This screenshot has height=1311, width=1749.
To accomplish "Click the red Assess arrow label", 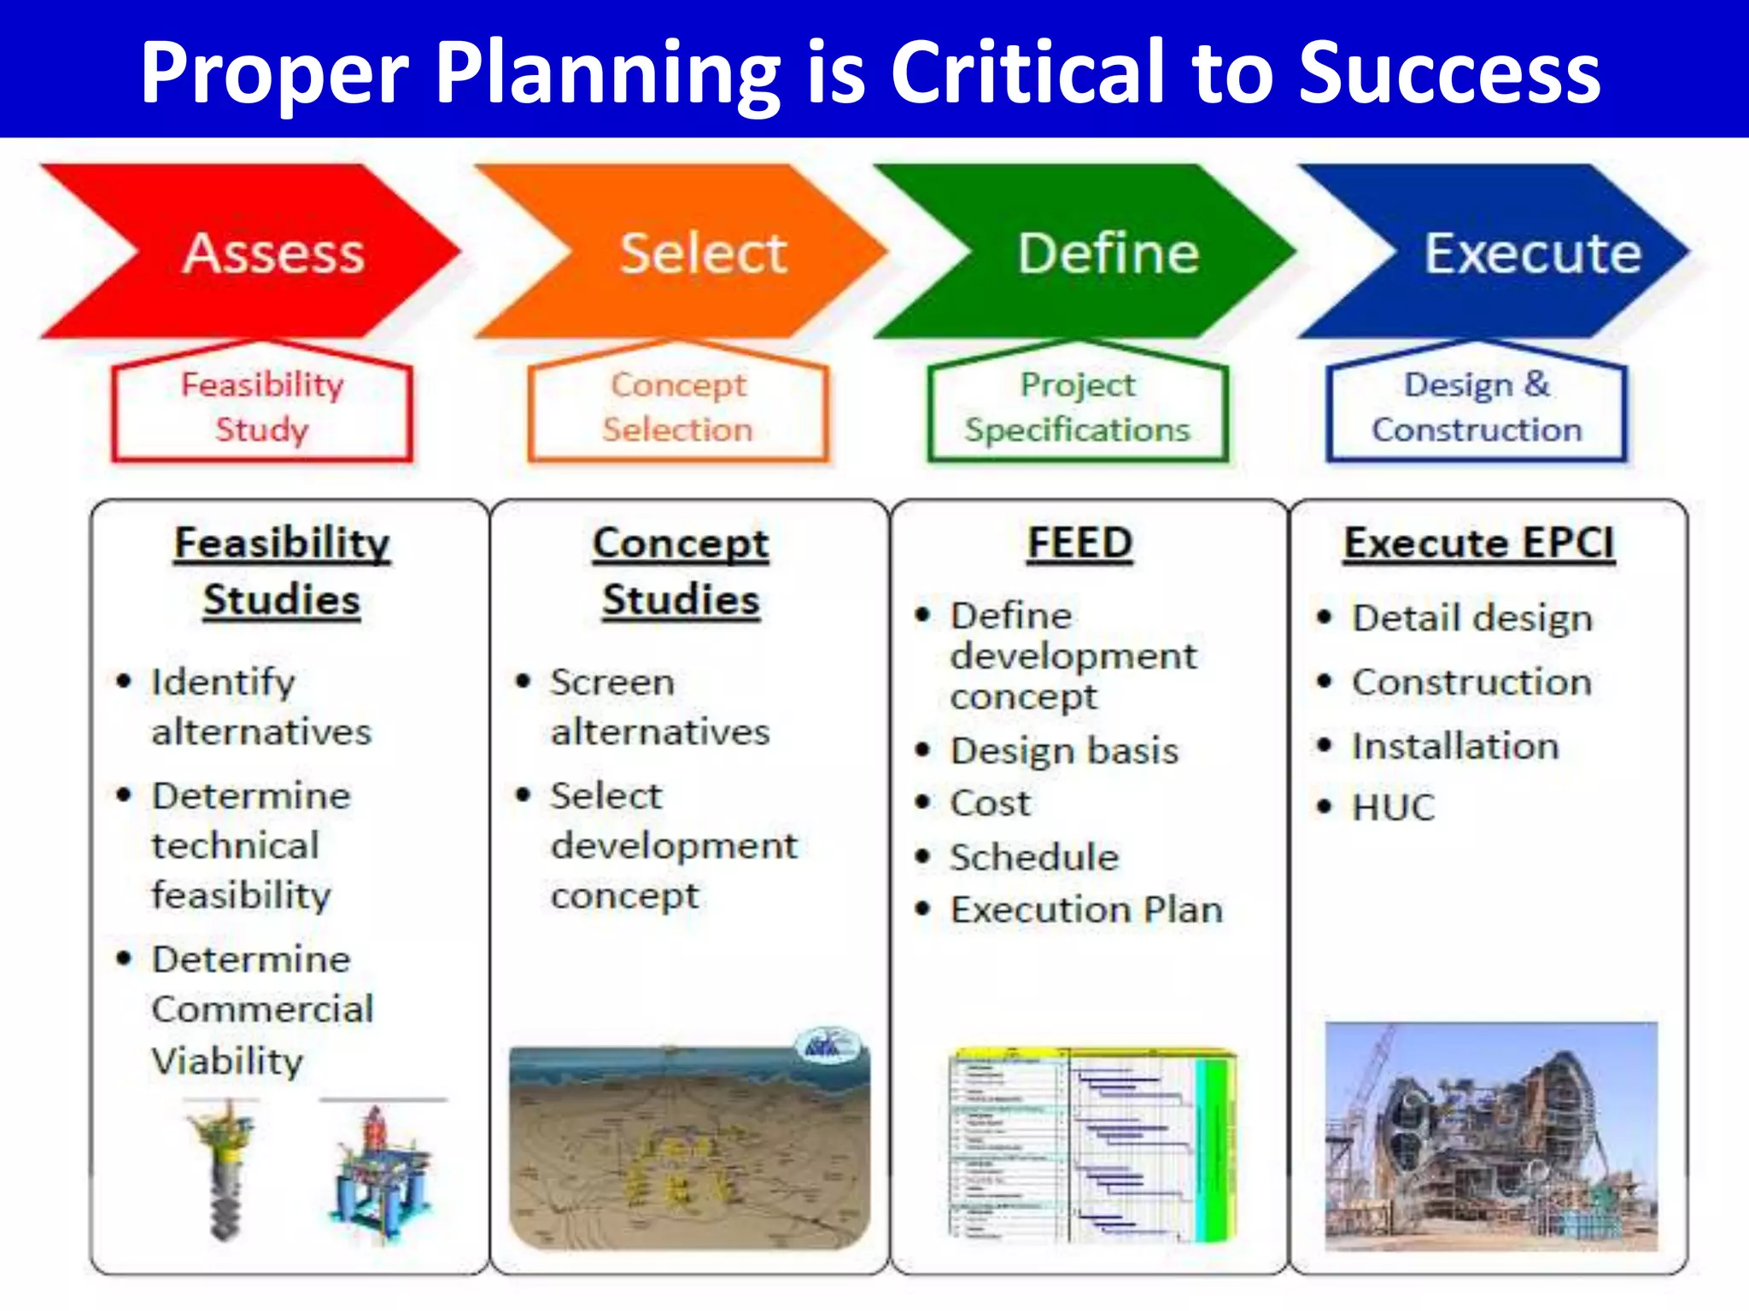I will [273, 253].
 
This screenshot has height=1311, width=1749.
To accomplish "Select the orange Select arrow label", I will [702, 253].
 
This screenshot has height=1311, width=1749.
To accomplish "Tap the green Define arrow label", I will [1108, 253].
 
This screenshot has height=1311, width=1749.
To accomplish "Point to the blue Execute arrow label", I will [1532, 253].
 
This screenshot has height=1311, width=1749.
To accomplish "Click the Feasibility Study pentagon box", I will [262, 407].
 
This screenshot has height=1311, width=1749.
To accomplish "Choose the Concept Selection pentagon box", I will [678, 407].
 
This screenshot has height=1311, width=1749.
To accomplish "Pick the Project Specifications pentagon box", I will [1077, 407].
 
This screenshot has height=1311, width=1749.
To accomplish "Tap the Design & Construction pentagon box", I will [1477, 407].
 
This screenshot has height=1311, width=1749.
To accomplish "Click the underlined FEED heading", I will [1079, 543].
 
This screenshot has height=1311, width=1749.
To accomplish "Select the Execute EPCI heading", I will [1479, 543].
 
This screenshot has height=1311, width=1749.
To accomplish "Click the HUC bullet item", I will [1393, 807].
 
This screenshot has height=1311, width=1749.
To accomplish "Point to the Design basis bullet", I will [1064, 750].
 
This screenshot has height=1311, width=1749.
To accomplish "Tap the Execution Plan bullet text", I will [1086, 910].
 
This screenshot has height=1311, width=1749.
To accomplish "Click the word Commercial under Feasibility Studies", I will [263, 1009].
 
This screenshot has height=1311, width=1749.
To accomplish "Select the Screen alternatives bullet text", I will [659, 706].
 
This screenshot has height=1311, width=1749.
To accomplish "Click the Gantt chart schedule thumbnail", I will [1092, 1145].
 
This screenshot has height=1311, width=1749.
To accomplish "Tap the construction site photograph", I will [1491, 1136].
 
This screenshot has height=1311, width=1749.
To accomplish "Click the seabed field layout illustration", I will [689, 1148].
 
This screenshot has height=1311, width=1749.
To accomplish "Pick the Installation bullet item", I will [1454, 746].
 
